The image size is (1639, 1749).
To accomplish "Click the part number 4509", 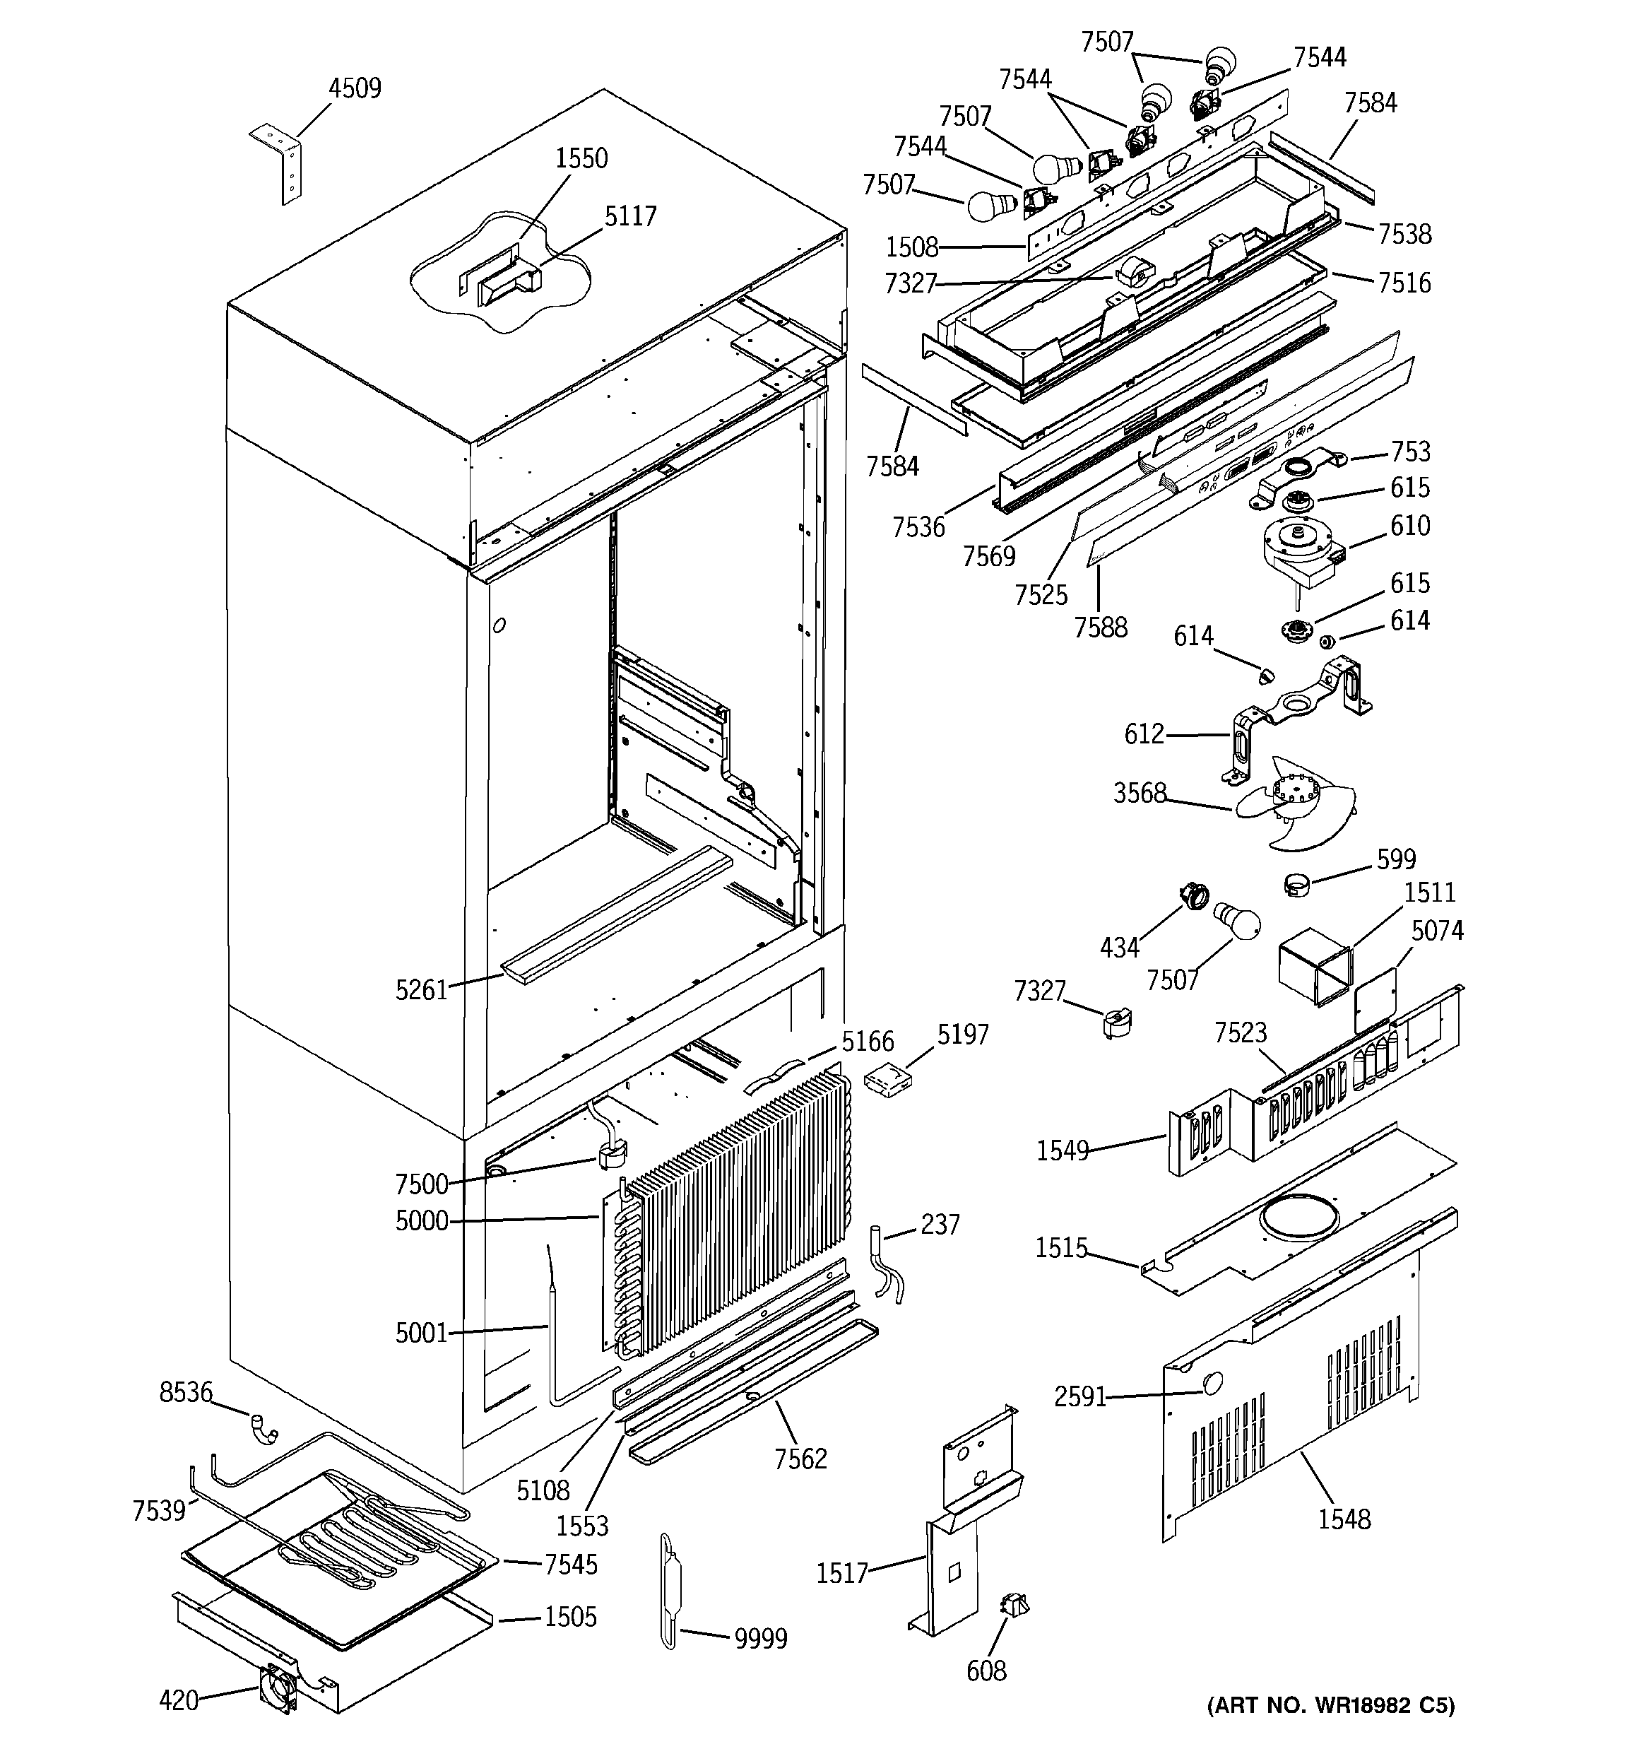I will [355, 89].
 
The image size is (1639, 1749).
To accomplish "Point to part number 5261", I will [422, 991].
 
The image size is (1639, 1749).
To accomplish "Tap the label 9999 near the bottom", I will [761, 1639].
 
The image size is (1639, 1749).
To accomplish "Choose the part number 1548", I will [1344, 1519].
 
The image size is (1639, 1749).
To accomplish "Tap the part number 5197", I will [962, 1035].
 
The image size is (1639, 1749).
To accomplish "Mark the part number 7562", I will [800, 1459].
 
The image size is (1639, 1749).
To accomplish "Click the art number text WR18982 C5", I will [1330, 1706].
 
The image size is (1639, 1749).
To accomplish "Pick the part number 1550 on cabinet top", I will [581, 158].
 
